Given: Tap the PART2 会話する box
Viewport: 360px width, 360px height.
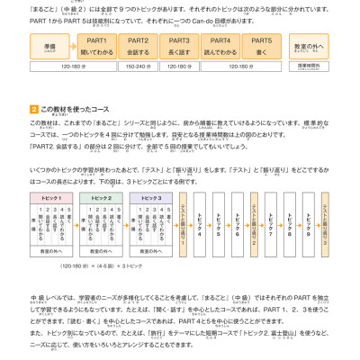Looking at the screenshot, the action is pos(138,46).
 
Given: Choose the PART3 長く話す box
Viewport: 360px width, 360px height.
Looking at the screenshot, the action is pos(179,46).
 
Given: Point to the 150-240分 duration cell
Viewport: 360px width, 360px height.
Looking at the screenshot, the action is pos(138,66).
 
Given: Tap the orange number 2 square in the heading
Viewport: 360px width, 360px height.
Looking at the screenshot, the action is pos(33,109).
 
